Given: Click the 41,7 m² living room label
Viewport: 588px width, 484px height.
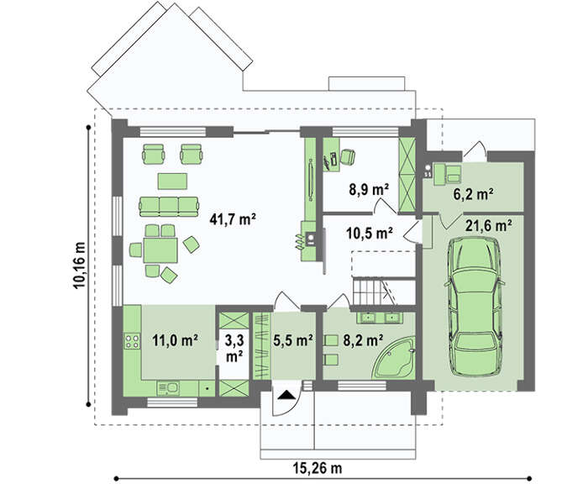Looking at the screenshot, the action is [233, 219].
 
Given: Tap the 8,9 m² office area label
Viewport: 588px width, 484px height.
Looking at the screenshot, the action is [369, 190].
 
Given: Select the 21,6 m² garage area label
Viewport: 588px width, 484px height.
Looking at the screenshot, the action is [489, 225].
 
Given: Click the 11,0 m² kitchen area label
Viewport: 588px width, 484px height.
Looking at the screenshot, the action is [175, 340].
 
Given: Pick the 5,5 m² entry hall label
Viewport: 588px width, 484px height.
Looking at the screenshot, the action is [293, 340].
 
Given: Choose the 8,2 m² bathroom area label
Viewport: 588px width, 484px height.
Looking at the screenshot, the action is [363, 340].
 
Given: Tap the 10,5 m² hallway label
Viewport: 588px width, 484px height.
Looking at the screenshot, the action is [369, 233].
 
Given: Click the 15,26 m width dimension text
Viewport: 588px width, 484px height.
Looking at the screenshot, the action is [318, 468].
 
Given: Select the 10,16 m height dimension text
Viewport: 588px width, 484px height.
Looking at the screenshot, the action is [79, 266].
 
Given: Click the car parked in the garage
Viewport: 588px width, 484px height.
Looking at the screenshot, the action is [475, 307].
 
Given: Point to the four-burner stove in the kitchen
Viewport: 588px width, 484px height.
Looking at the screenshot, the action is [132, 340].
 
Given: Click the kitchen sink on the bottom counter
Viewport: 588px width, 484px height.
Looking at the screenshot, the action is [168, 388].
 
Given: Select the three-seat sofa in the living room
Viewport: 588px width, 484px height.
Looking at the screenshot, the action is [169, 207].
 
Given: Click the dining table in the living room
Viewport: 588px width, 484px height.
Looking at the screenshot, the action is [160, 250].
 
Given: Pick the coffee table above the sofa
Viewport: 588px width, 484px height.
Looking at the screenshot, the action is [172, 181].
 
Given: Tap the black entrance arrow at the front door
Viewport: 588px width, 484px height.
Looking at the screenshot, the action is [286, 395].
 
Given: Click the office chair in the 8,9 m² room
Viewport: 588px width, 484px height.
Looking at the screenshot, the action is [348, 156].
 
